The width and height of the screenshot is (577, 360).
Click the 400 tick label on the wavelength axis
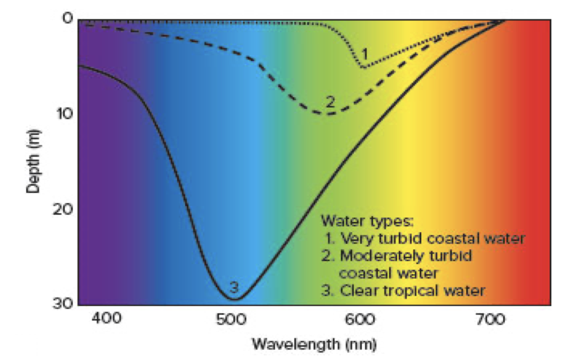(x=106, y=319)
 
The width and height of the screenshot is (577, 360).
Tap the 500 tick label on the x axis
(x=231, y=320)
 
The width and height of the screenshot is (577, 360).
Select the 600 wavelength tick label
(x=359, y=320)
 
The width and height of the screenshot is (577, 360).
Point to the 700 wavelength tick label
(x=490, y=320)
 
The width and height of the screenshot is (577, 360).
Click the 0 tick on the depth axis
(x=67, y=18)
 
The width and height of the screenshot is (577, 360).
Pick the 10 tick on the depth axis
(x=64, y=114)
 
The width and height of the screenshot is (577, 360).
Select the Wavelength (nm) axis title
(x=314, y=344)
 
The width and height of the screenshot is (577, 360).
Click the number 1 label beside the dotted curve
(x=365, y=54)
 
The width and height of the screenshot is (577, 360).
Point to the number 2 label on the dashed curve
(x=330, y=102)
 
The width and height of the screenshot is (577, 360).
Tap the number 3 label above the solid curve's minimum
(x=234, y=287)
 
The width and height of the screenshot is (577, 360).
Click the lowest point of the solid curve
(x=235, y=299)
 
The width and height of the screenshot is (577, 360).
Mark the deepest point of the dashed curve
(x=327, y=114)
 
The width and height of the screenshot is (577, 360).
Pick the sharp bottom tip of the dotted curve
(x=363, y=67)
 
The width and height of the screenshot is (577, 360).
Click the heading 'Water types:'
(x=367, y=221)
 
